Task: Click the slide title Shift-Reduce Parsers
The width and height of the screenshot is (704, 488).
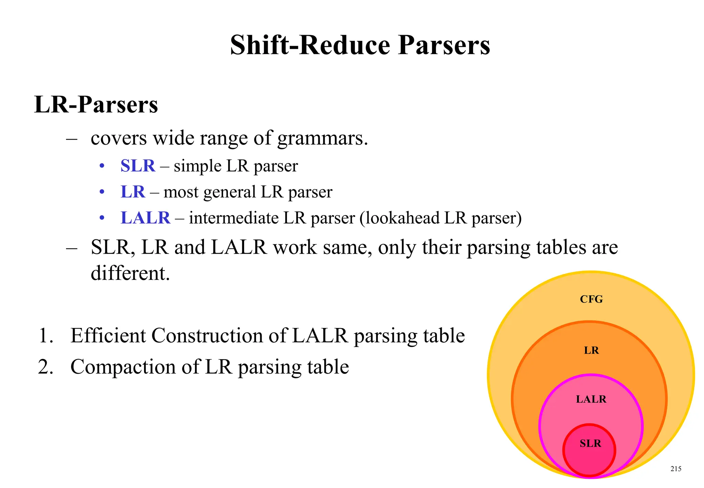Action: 360,45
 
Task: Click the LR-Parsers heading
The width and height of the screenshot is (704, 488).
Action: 96,104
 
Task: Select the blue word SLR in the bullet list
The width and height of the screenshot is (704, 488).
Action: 137,166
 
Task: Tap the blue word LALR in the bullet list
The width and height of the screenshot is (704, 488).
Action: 145,218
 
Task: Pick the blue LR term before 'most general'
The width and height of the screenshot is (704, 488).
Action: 133,192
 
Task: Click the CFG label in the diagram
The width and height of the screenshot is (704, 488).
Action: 591,299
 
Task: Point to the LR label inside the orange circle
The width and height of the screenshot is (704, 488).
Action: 591,350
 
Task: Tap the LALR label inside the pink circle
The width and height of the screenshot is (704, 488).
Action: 591,399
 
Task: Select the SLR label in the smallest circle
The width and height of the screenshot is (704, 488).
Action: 590,443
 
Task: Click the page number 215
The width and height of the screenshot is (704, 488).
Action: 676,469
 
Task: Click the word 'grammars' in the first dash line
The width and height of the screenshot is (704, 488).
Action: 322,138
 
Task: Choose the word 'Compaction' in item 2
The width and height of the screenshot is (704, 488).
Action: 123,367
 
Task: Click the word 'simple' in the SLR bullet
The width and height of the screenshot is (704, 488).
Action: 197,166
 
